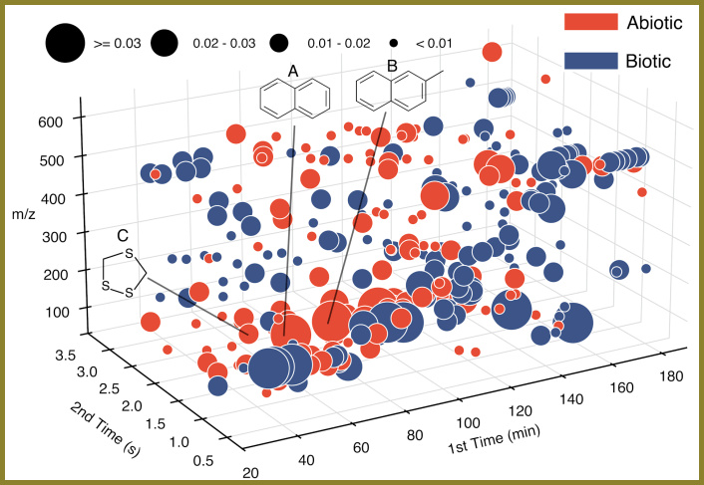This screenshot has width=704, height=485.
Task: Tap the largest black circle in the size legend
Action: (65, 43)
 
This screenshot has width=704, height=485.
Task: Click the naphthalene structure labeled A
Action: (295, 100)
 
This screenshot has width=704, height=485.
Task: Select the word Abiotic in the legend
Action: (655, 22)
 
